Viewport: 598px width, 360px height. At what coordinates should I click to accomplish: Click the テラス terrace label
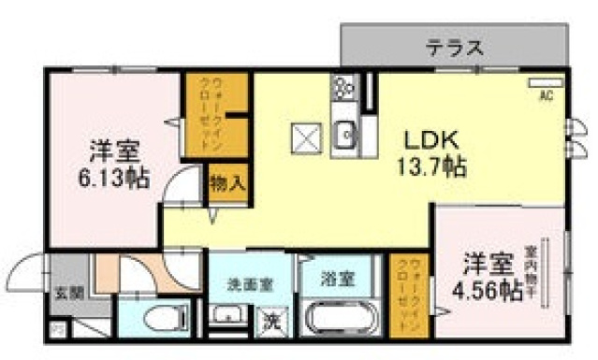pyautogui.click(x=455, y=45)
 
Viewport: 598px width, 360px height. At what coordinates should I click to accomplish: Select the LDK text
pyautogui.click(x=429, y=140)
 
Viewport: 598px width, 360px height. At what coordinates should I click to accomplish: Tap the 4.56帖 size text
pyautogui.click(x=484, y=289)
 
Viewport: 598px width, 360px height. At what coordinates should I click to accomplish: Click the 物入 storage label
pyautogui.click(x=226, y=181)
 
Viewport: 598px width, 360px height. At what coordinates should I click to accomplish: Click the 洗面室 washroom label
pyautogui.click(x=251, y=283)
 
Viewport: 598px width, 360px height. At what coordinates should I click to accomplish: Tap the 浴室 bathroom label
pyautogui.click(x=337, y=278)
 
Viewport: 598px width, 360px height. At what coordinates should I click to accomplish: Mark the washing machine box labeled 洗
pyautogui.click(x=270, y=320)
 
